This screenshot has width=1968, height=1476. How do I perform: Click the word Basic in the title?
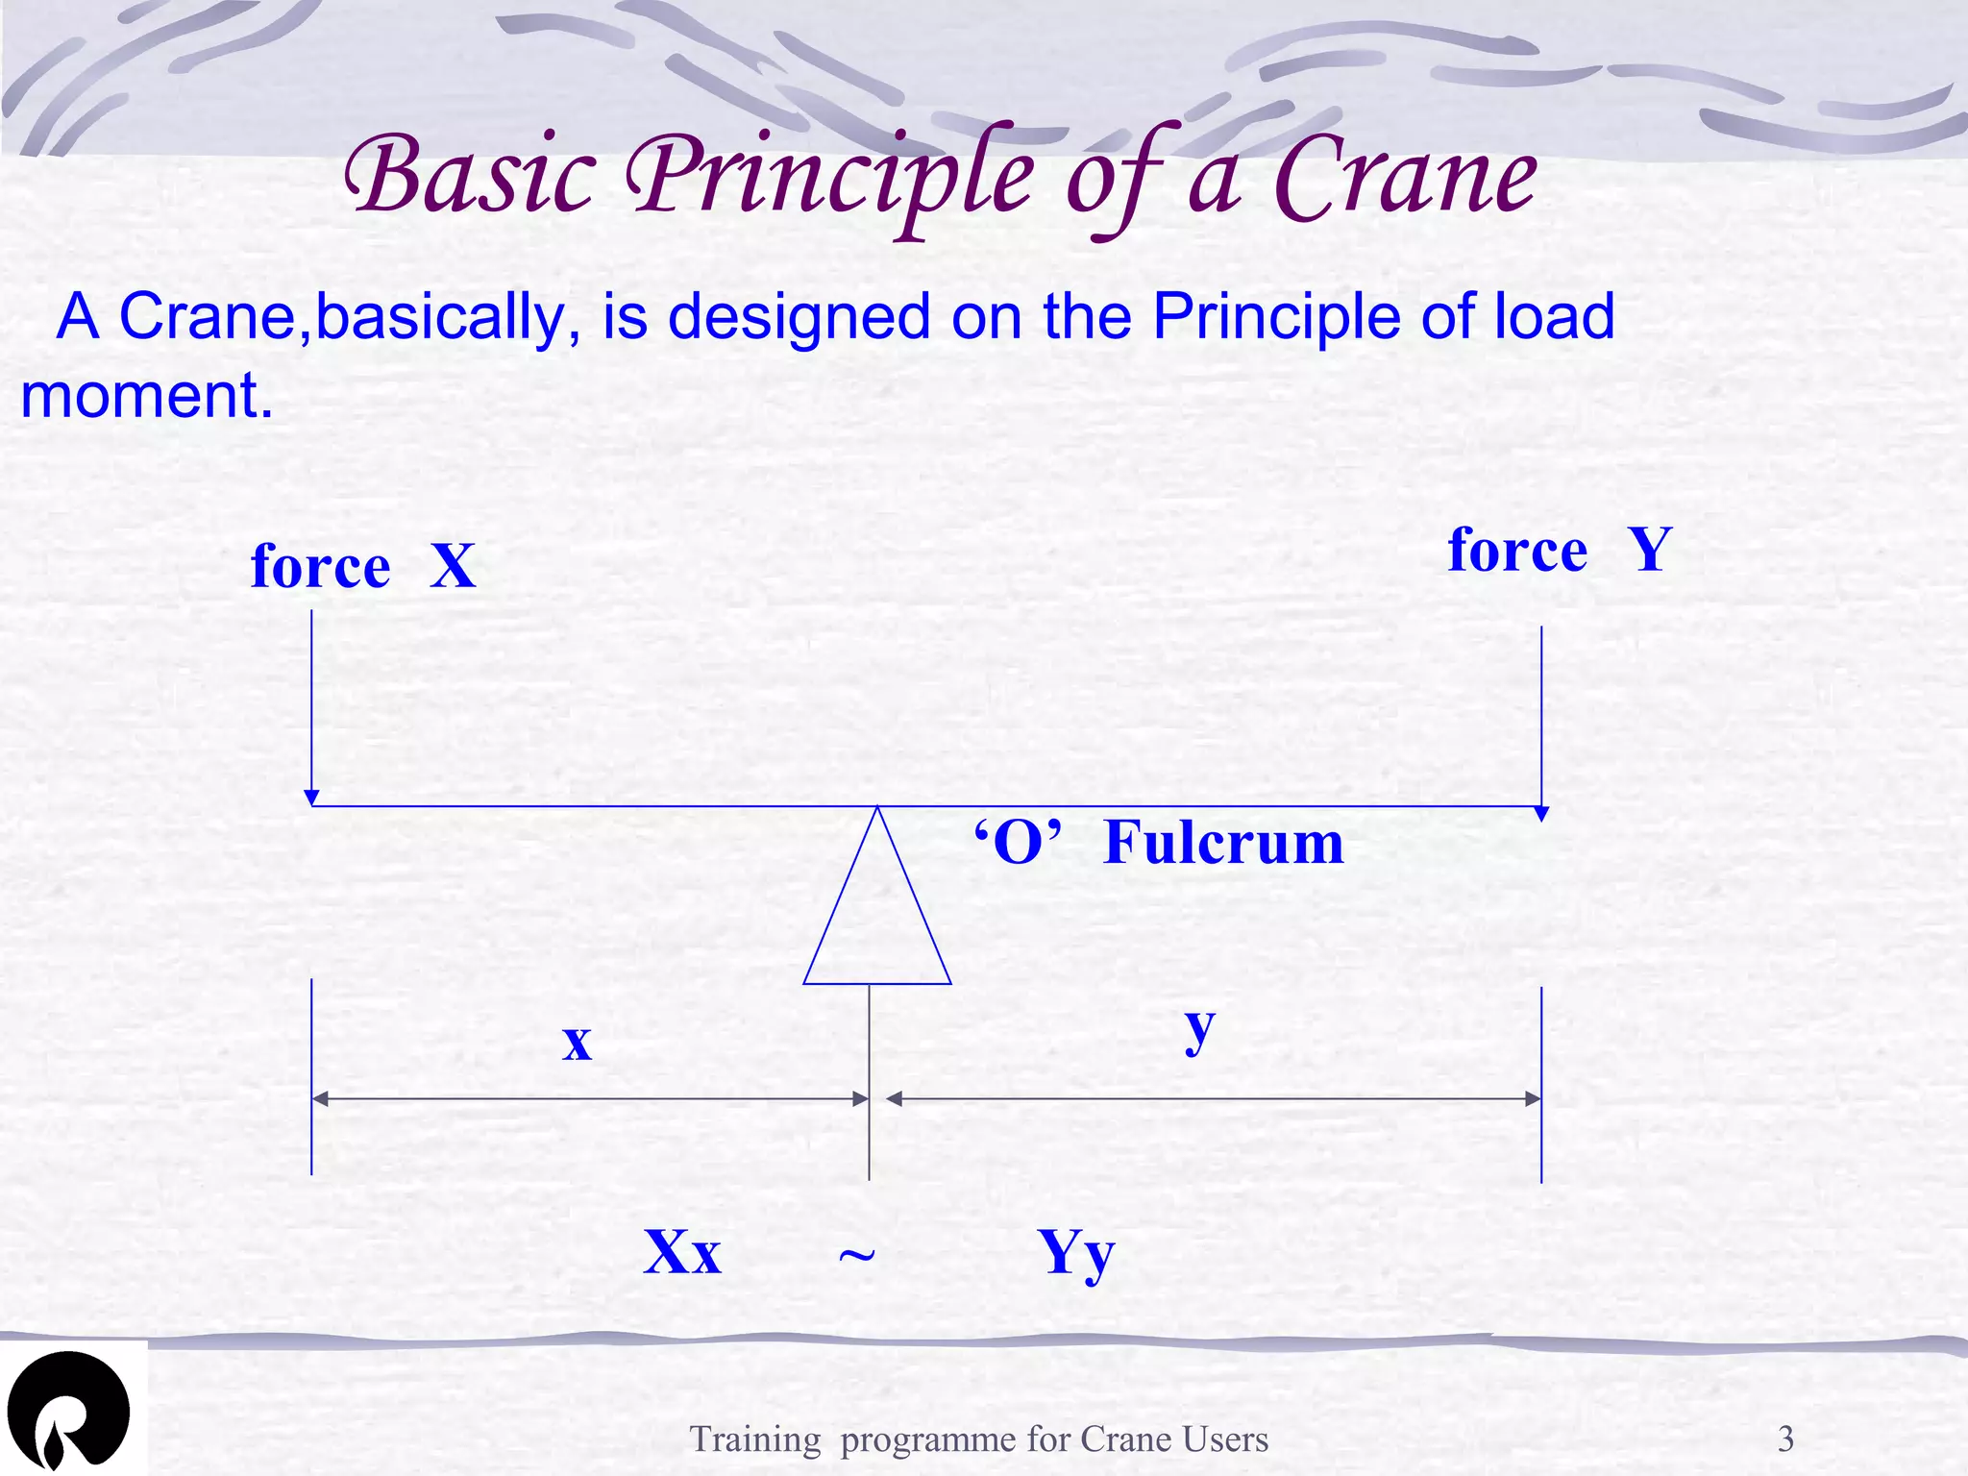(x=471, y=179)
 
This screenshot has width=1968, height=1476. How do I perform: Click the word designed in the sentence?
(x=799, y=317)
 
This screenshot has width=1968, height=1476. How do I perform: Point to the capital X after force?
(x=453, y=566)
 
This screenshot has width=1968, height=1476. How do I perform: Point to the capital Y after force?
(x=1649, y=551)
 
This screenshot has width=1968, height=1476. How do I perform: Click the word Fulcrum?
(x=1223, y=844)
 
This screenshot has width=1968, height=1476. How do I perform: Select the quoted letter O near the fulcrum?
(x=1018, y=844)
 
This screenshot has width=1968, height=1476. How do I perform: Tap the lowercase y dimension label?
(x=1199, y=1029)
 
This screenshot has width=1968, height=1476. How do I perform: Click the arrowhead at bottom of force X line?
(x=311, y=798)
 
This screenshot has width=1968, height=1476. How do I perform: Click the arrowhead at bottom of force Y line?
(x=1541, y=814)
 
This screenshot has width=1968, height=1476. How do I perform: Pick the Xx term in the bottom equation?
(x=681, y=1252)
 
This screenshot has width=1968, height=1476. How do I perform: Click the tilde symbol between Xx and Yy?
(x=856, y=1256)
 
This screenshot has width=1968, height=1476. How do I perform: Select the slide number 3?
(x=1785, y=1439)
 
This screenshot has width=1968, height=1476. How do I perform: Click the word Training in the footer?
(x=755, y=1439)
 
